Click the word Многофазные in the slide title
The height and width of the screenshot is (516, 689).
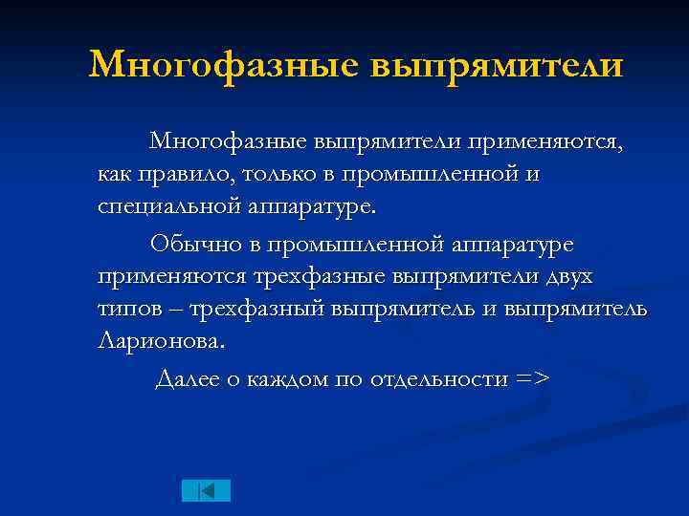pyautogui.click(x=221, y=65)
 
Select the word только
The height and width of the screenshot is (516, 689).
pyautogui.click(x=279, y=176)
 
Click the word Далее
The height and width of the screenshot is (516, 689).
pyautogui.click(x=188, y=378)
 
